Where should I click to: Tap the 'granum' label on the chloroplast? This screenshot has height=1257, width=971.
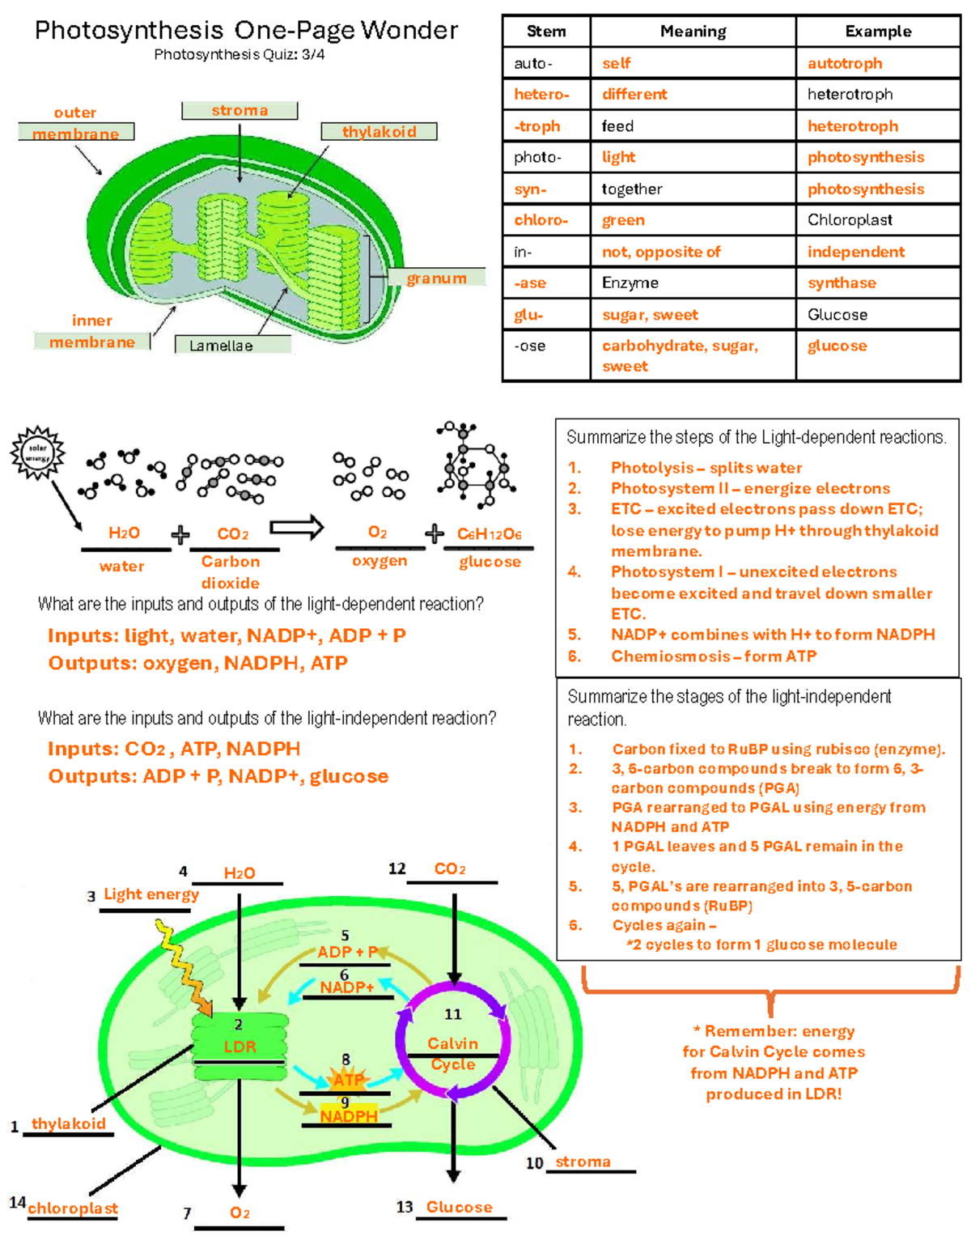pyautogui.click(x=436, y=278)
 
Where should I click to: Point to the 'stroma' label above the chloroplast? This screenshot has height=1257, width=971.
pyautogui.click(x=240, y=110)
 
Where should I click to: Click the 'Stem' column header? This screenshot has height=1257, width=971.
pyautogui.click(x=546, y=32)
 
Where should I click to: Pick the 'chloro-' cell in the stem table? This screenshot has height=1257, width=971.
pyautogui.click(x=541, y=220)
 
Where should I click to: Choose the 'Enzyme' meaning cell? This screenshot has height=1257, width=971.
pyautogui.click(x=630, y=282)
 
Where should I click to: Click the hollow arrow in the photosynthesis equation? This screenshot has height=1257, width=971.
pyautogui.click(x=296, y=528)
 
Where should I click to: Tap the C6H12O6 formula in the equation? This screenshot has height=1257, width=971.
pyautogui.click(x=489, y=534)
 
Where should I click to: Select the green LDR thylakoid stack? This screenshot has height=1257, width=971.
pyautogui.click(x=240, y=1047)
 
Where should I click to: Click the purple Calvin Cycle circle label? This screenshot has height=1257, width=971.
pyautogui.click(x=452, y=1053)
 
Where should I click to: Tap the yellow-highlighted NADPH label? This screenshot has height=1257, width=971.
pyautogui.click(x=349, y=1116)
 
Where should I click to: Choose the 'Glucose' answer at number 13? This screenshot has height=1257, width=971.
pyautogui.click(x=459, y=1207)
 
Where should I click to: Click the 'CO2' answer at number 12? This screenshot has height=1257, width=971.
pyautogui.click(x=450, y=868)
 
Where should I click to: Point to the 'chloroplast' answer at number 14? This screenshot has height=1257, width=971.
pyautogui.click(x=73, y=1208)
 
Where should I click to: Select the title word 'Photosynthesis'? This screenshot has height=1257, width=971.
pyautogui.click(x=129, y=31)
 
